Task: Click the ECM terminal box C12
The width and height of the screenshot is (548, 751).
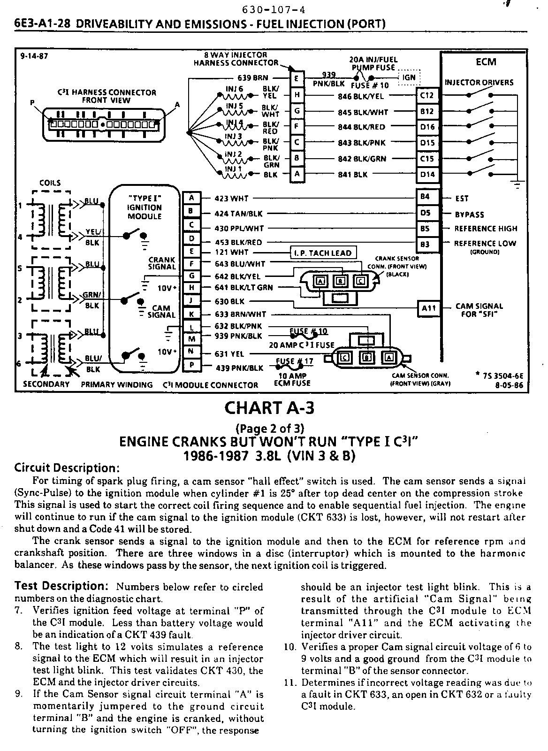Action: tap(427, 96)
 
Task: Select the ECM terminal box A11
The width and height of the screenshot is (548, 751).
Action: tap(429, 308)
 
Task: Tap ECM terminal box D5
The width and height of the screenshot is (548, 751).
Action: tap(426, 213)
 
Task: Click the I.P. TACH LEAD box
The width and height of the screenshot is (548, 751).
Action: tap(323, 253)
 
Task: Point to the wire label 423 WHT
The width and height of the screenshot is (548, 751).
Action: tap(231, 199)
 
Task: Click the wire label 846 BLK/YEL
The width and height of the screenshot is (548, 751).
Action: tap(361, 97)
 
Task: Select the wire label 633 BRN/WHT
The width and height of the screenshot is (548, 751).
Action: tap(240, 314)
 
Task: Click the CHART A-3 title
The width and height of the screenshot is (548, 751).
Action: tap(269, 407)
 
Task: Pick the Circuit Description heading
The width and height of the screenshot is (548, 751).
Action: tap(67, 468)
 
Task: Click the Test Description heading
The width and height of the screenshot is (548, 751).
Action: tap(62, 586)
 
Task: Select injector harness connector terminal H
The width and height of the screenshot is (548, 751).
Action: tap(297, 95)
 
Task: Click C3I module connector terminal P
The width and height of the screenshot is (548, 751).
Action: tap(191, 365)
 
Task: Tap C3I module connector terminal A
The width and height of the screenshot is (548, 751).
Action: tap(191, 198)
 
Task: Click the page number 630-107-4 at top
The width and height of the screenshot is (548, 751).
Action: tap(270, 10)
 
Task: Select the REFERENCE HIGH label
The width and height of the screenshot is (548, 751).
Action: tap(486, 229)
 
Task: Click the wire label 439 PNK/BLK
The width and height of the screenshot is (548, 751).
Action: tap(239, 368)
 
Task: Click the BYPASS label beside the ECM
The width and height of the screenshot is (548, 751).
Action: tap(469, 215)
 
